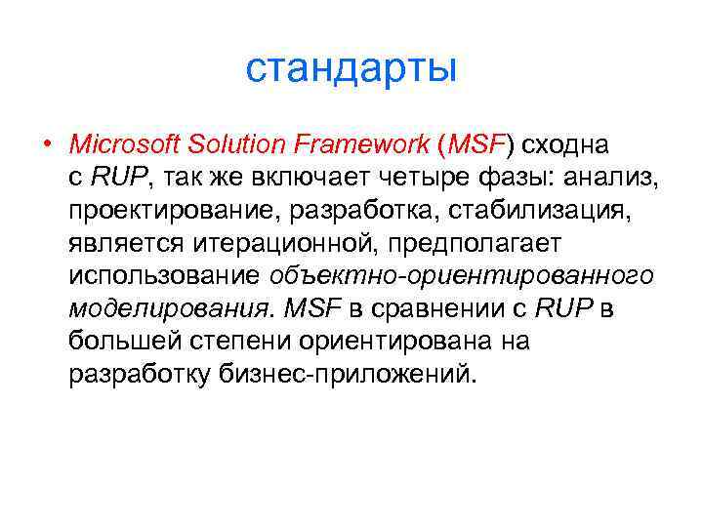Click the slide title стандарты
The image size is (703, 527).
(x=351, y=69)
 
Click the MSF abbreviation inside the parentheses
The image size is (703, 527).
(x=475, y=145)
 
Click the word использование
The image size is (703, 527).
(x=163, y=277)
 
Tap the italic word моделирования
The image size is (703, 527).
(x=167, y=310)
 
